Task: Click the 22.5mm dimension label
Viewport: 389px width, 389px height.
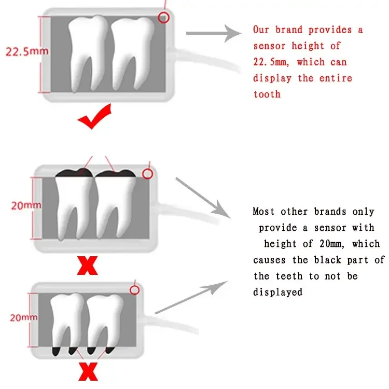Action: point(27,51)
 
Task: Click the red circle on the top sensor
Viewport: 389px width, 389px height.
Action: point(163,18)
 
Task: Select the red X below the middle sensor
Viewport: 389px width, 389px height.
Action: point(87,266)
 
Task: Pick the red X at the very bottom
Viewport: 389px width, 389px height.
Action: point(88,371)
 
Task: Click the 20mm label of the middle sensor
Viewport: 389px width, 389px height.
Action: point(26,205)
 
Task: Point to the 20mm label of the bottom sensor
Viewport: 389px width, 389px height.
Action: point(24,317)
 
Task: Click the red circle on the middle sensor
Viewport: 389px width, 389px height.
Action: point(147,174)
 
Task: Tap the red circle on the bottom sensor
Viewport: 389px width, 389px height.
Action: point(134,290)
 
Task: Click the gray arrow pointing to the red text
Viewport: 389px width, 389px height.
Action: point(213,33)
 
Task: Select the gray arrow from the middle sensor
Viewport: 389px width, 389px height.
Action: point(203,198)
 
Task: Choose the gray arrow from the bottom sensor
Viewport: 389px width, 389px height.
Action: point(191,297)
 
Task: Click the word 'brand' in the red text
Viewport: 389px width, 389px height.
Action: point(289,30)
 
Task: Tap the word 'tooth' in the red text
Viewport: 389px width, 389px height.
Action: point(267,94)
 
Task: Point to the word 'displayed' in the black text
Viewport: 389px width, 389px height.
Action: point(278,292)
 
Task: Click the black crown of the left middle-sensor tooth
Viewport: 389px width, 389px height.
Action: point(74,173)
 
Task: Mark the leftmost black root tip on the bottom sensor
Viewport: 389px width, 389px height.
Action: point(56,351)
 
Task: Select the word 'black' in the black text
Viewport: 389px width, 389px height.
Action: point(327,260)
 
